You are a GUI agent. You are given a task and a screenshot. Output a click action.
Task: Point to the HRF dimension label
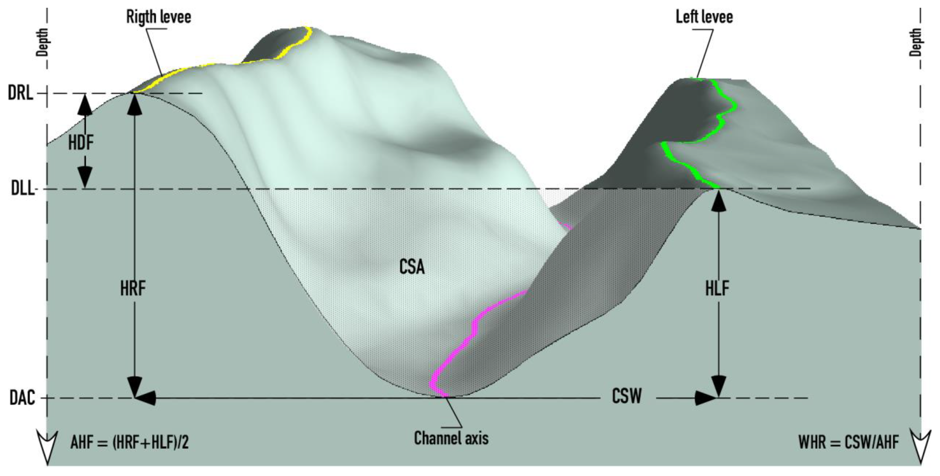133,288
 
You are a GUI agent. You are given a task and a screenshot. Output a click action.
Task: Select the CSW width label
626,396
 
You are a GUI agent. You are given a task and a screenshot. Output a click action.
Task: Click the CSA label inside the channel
412,267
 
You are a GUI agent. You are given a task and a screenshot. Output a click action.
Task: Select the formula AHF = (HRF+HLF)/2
129,443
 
